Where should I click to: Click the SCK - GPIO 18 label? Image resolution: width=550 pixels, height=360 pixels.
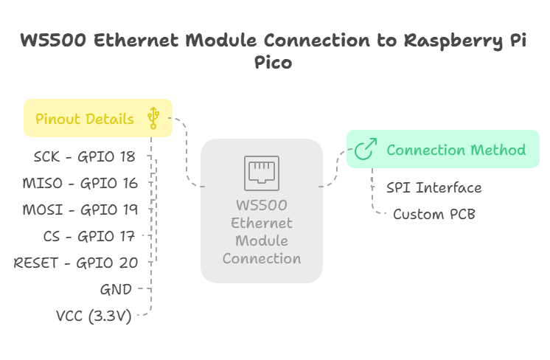85,156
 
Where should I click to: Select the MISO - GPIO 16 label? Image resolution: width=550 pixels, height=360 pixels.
81,183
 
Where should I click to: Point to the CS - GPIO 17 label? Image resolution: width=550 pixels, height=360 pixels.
91,235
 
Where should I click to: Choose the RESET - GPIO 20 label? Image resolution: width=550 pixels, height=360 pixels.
75,262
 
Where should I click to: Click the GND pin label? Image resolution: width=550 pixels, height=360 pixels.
116,288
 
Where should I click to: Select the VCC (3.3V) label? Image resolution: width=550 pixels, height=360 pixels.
94,316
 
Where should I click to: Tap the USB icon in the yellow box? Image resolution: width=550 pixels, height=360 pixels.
153,117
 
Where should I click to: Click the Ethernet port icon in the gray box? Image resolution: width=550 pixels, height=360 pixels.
262,172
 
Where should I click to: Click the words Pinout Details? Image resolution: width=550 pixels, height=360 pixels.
85,119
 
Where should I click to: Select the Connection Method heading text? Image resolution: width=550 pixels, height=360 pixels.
456,150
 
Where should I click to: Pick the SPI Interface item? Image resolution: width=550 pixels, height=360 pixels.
434,187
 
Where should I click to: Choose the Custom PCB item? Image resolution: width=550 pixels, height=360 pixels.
434,214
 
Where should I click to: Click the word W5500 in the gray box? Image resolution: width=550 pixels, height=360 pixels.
262,204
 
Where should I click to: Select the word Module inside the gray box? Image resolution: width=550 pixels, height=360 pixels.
262,240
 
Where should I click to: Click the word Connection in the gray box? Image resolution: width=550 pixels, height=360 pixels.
262,258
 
